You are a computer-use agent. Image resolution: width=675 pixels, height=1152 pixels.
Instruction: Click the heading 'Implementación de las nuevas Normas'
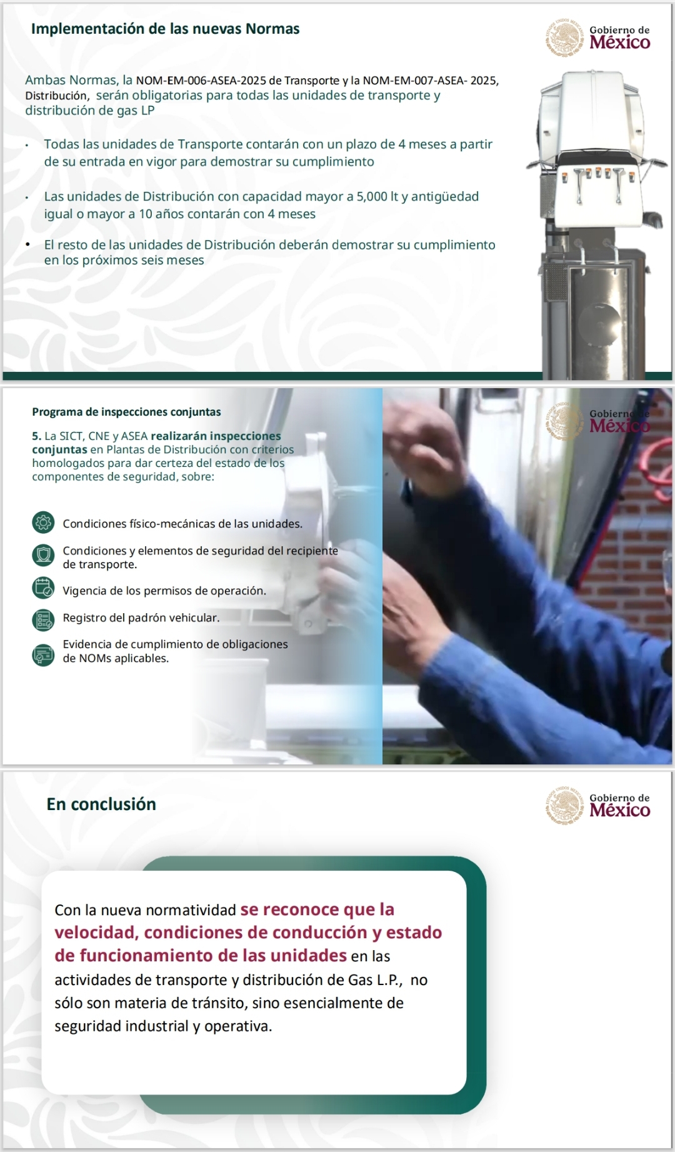click(x=165, y=29)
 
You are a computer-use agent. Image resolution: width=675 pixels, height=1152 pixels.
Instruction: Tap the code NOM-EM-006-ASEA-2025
click(x=201, y=81)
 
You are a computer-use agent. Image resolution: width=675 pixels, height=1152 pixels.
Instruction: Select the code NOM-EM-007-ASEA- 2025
click(x=431, y=81)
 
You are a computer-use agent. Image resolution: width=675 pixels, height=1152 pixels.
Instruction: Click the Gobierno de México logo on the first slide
click(x=598, y=38)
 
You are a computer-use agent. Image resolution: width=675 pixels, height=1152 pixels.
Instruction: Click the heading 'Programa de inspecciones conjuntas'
click(x=126, y=412)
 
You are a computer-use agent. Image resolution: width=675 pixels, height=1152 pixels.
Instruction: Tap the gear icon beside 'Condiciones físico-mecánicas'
click(x=43, y=523)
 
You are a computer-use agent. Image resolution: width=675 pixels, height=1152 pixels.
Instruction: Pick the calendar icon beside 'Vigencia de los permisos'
click(x=43, y=588)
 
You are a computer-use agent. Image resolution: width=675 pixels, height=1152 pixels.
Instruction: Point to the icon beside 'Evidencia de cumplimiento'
click(x=43, y=654)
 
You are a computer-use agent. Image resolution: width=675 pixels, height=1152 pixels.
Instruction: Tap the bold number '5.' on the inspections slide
click(x=37, y=436)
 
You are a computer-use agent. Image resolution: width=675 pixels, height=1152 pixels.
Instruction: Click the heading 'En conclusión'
click(x=101, y=804)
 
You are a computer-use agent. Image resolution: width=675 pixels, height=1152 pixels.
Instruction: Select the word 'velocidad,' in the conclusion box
click(x=97, y=933)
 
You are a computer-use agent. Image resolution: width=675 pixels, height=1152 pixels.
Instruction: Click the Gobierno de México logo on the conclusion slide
click(x=598, y=805)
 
